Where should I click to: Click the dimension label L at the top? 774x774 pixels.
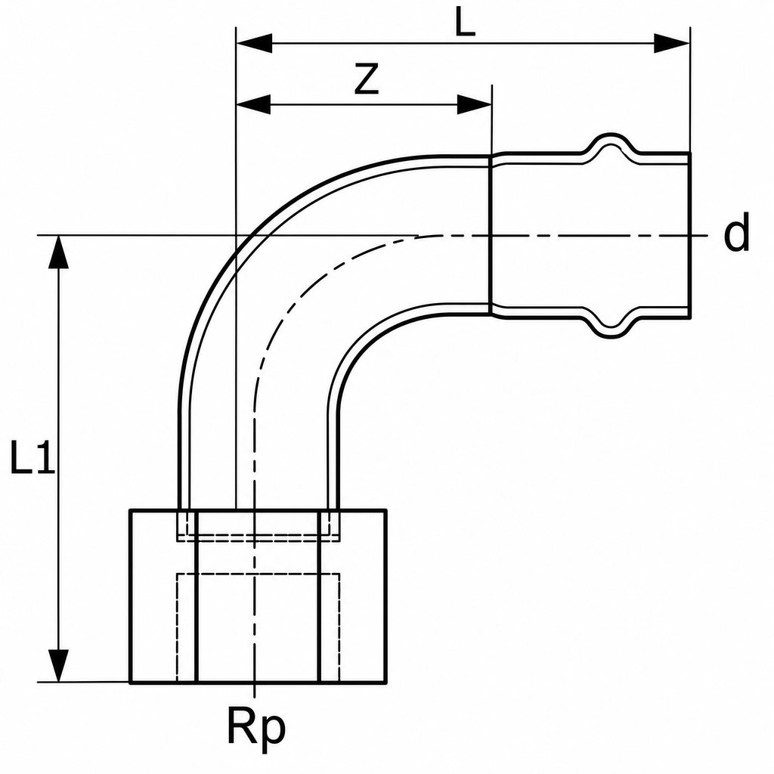(x=465, y=21)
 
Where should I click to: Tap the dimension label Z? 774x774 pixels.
(x=367, y=79)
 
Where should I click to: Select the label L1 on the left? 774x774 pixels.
(x=33, y=458)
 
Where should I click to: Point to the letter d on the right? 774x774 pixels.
(x=736, y=233)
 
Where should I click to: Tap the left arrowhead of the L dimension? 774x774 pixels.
(x=254, y=43)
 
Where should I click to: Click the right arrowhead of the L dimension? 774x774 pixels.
(x=672, y=43)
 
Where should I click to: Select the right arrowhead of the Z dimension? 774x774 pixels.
(x=475, y=104)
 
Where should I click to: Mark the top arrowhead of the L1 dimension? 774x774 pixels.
(x=59, y=252)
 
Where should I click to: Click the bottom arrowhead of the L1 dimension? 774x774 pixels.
(x=59, y=665)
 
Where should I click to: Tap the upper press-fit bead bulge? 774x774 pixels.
(x=611, y=142)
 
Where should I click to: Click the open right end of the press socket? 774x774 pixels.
(x=689, y=235)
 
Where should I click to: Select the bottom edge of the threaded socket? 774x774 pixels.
(x=259, y=683)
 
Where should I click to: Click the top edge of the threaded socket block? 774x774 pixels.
(x=259, y=510)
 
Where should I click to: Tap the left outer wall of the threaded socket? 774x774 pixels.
(x=131, y=596)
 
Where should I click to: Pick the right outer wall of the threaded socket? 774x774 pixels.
(x=385, y=596)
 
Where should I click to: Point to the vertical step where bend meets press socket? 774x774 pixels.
(x=491, y=235)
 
